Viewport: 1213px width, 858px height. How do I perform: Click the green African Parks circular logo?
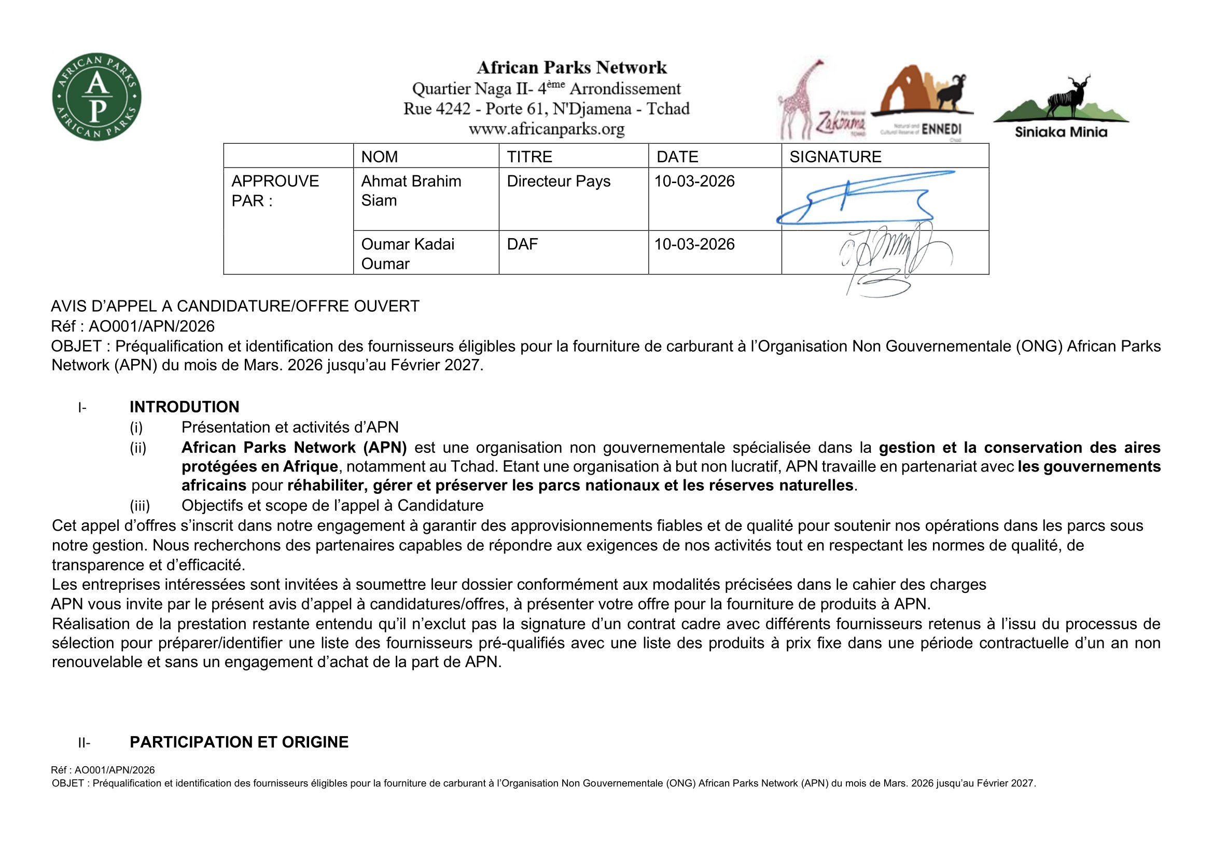(x=96, y=96)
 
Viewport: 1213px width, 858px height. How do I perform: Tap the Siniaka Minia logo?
(x=1061, y=108)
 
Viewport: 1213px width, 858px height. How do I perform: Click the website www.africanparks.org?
(x=546, y=129)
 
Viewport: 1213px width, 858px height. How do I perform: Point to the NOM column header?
(x=379, y=156)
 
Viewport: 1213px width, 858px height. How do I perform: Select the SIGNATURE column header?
(x=835, y=156)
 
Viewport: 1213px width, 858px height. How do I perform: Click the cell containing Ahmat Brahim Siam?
(x=411, y=191)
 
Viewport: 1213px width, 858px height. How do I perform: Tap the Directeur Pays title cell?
(x=559, y=181)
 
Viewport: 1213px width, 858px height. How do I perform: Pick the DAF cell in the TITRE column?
(x=522, y=244)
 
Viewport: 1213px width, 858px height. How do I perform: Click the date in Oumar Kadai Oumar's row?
(x=694, y=244)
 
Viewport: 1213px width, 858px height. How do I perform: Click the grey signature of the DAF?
(x=893, y=256)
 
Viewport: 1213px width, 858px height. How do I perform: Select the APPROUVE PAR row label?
(x=275, y=191)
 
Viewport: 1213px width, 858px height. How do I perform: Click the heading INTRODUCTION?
(x=185, y=407)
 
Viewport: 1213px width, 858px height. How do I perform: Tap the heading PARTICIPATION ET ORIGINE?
(x=239, y=742)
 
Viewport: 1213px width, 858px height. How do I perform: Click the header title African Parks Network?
(x=571, y=67)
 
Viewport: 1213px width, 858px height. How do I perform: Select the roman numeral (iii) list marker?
(x=140, y=506)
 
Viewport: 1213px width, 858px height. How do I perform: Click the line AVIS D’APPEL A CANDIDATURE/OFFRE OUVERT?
(x=235, y=307)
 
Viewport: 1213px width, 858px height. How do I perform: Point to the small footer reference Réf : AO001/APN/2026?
(x=103, y=770)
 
